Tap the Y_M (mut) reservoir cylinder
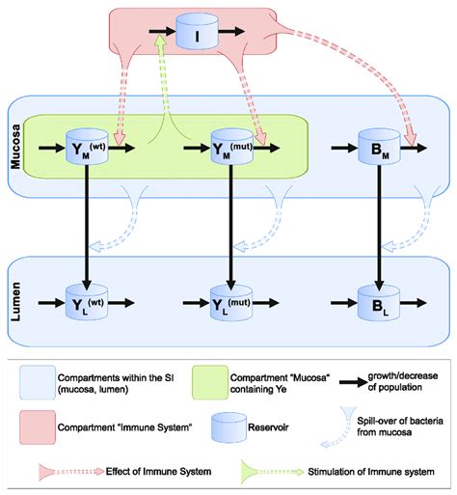[x=229, y=148]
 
